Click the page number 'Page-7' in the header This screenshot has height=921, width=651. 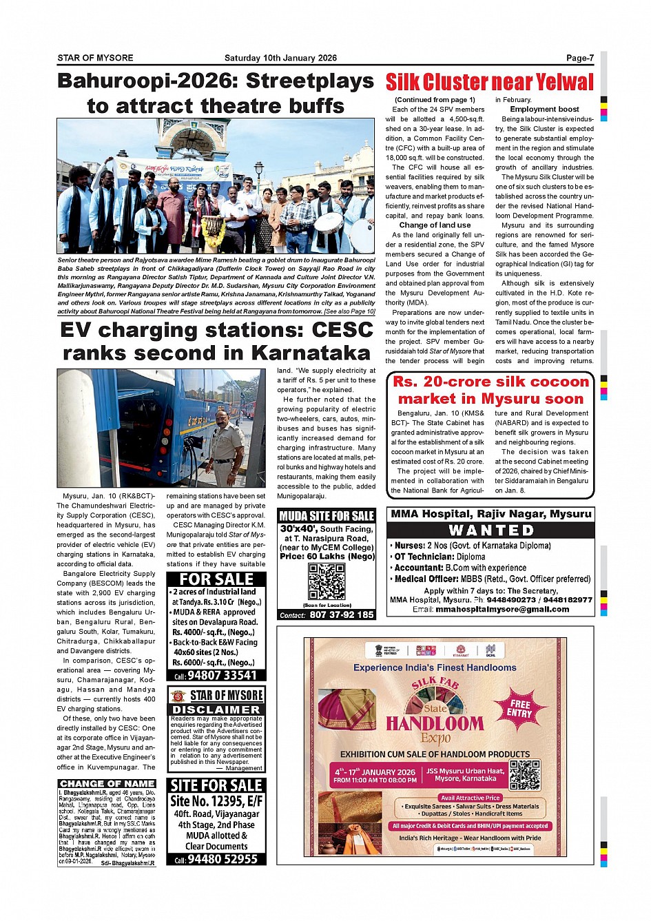[x=579, y=58]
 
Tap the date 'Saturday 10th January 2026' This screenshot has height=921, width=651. [x=280, y=58]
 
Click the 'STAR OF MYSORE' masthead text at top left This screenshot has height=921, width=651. [x=95, y=58]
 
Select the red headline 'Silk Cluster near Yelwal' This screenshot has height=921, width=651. [x=489, y=82]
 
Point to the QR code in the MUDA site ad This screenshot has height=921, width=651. [x=327, y=582]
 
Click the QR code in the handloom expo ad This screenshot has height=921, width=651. [x=524, y=775]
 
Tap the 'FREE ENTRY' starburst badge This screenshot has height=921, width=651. [x=520, y=709]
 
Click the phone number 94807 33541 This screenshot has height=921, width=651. [x=222, y=675]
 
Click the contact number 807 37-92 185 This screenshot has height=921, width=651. [x=342, y=614]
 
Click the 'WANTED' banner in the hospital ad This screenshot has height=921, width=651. [x=491, y=530]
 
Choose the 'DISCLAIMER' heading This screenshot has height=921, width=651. [x=216, y=710]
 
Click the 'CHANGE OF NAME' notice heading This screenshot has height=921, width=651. [x=107, y=783]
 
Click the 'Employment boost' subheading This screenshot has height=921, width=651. [x=544, y=109]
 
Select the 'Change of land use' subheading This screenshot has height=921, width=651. [x=435, y=225]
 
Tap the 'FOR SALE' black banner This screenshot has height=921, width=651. [x=216, y=579]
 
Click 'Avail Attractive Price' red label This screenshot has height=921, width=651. [x=471, y=798]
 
